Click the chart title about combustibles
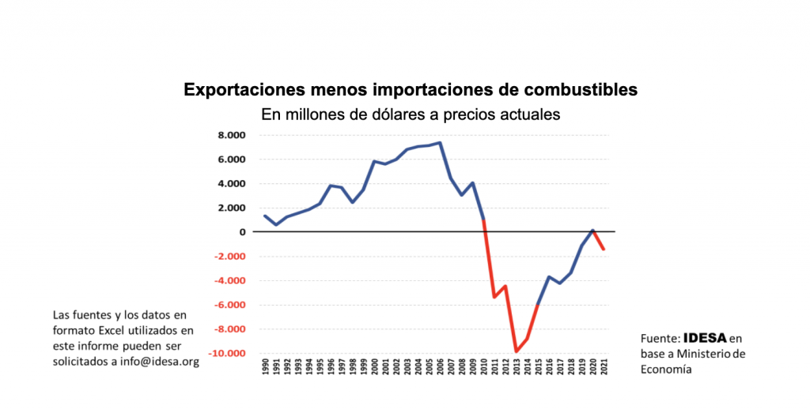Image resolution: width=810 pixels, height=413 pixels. click(411, 89)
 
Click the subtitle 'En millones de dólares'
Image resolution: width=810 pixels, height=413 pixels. click(411, 115)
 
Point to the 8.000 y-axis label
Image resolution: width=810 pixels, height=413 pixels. click(231, 135)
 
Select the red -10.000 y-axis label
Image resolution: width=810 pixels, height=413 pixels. click(226, 354)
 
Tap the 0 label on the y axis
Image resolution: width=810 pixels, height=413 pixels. click(243, 232)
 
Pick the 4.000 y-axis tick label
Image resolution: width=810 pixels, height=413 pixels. click(231, 184)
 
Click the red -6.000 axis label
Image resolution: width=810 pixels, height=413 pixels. click(229, 305)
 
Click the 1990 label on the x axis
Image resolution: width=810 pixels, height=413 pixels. click(264, 369)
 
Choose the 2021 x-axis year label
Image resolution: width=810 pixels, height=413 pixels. click(604, 369)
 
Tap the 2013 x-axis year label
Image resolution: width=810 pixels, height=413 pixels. click(517, 369)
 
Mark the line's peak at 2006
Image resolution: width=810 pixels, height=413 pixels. click(440, 143)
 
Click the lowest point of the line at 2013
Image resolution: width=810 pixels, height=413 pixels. click(517, 351)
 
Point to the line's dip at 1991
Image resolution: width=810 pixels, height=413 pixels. click(275, 225)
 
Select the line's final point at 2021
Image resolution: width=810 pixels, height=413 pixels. click(604, 250)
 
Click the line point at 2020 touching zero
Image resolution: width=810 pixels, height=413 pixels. click(593, 231)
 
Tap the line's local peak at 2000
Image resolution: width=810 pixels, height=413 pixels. click(374, 161)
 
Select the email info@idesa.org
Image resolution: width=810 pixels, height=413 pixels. click(158, 362)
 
